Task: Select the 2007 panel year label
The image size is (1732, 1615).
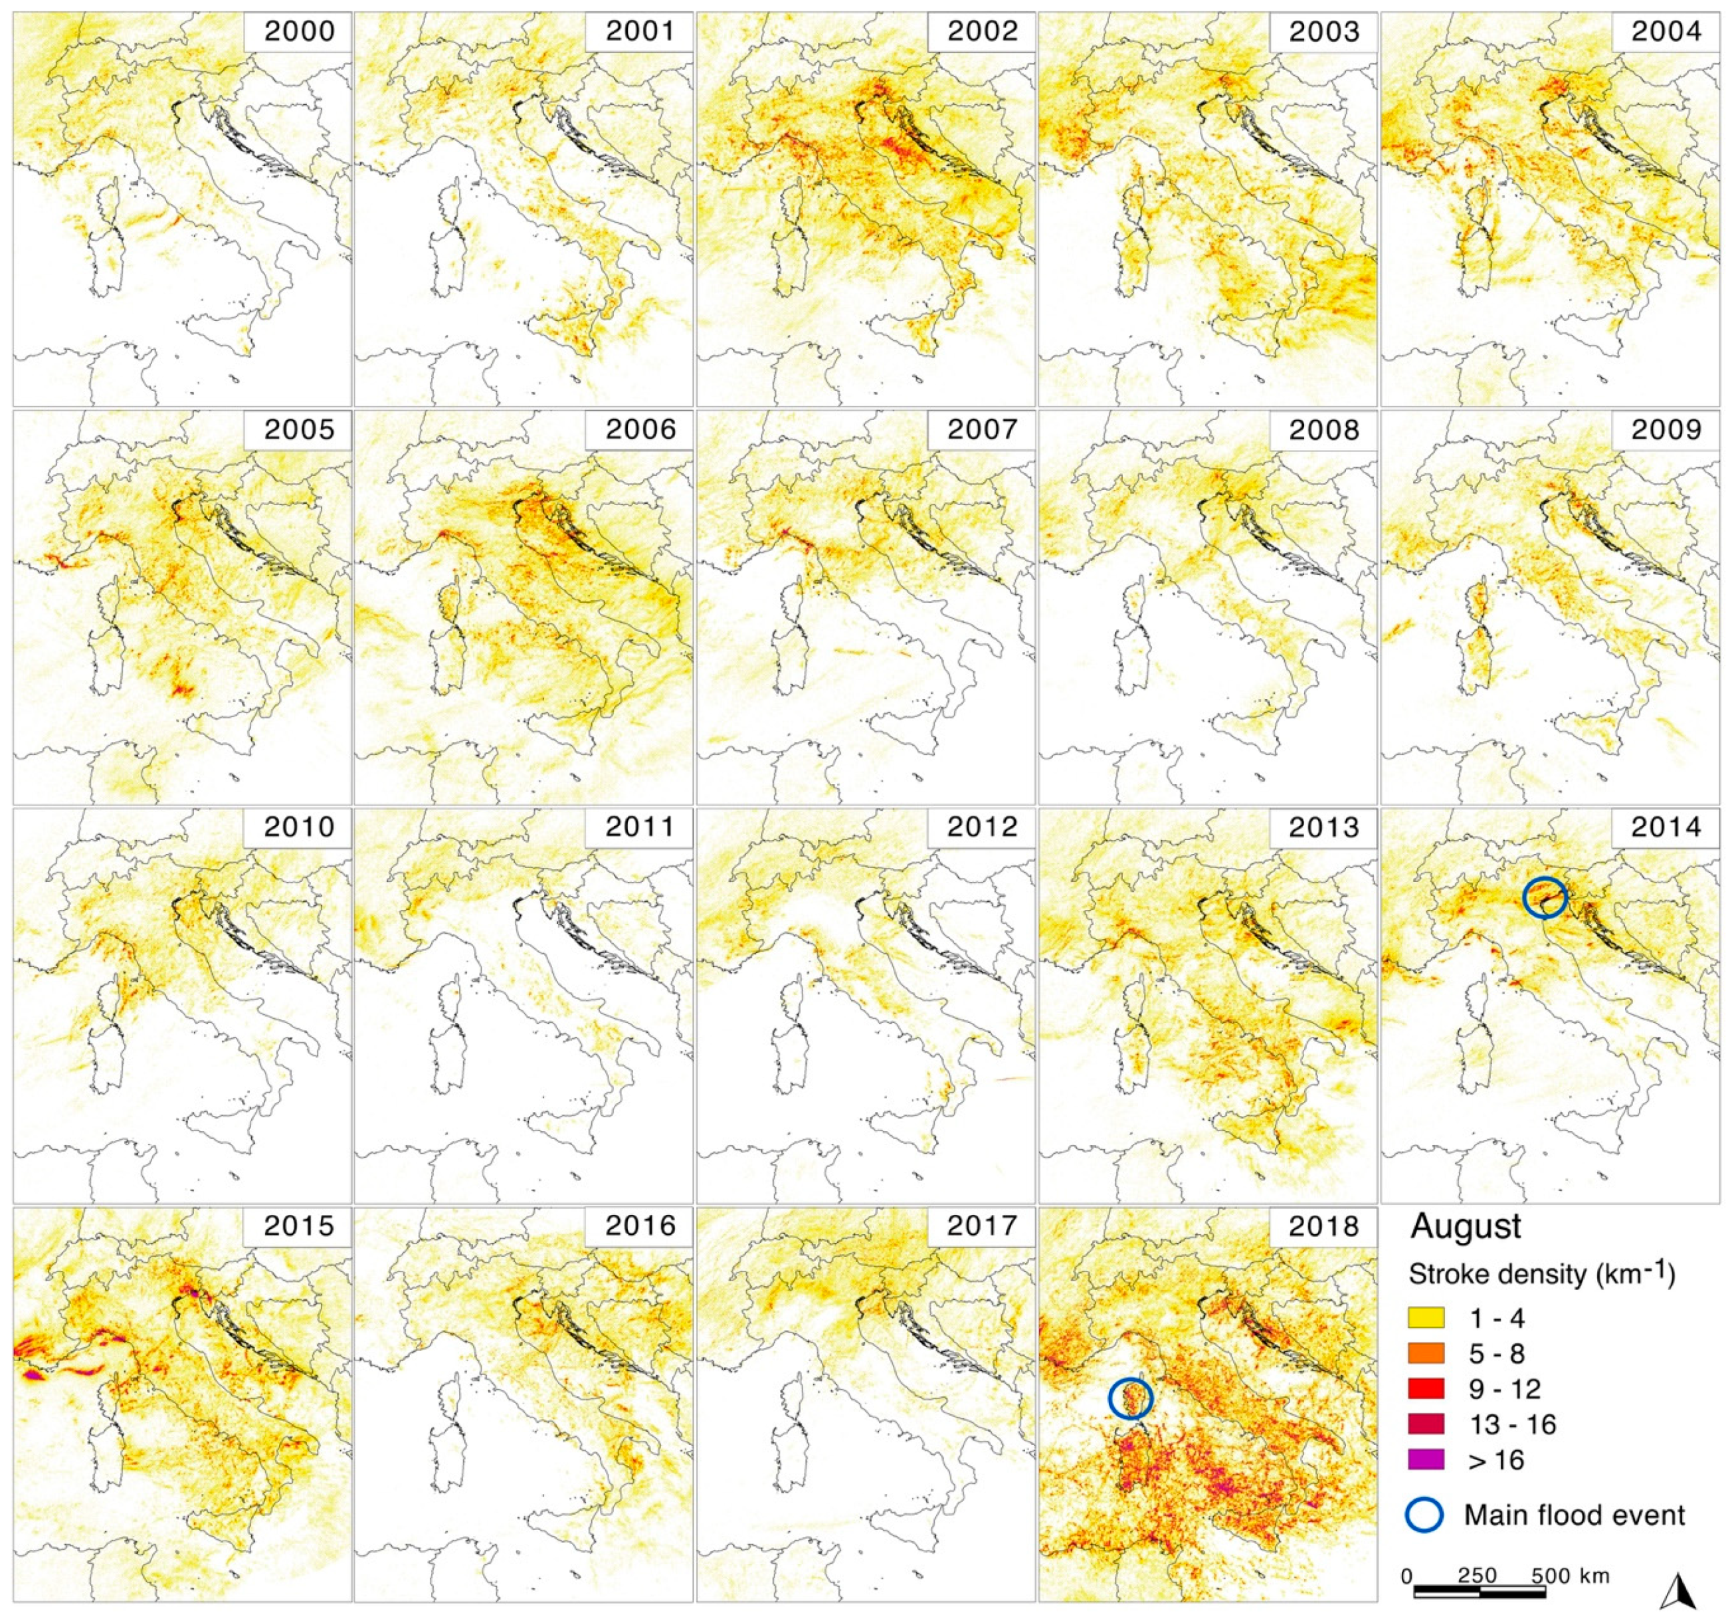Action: coord(983,430)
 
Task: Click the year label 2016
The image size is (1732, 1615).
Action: coord(640,1226)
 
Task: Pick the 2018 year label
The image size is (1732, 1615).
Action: coord(1324,1226)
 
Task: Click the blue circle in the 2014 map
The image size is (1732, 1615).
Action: coord(1545,897)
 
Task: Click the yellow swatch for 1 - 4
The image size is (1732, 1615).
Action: coord(1426,1317)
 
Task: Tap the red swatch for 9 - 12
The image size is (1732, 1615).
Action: coord(1426,1388)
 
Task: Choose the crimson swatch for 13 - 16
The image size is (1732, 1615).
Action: coord(1426,1424)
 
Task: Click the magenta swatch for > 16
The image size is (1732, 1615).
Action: coord(1426,1460)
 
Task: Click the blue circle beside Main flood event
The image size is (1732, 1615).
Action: coord(1425,1515)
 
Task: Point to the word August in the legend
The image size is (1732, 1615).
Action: coord(1466,1226)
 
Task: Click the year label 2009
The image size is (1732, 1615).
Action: coord(1666,430)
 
